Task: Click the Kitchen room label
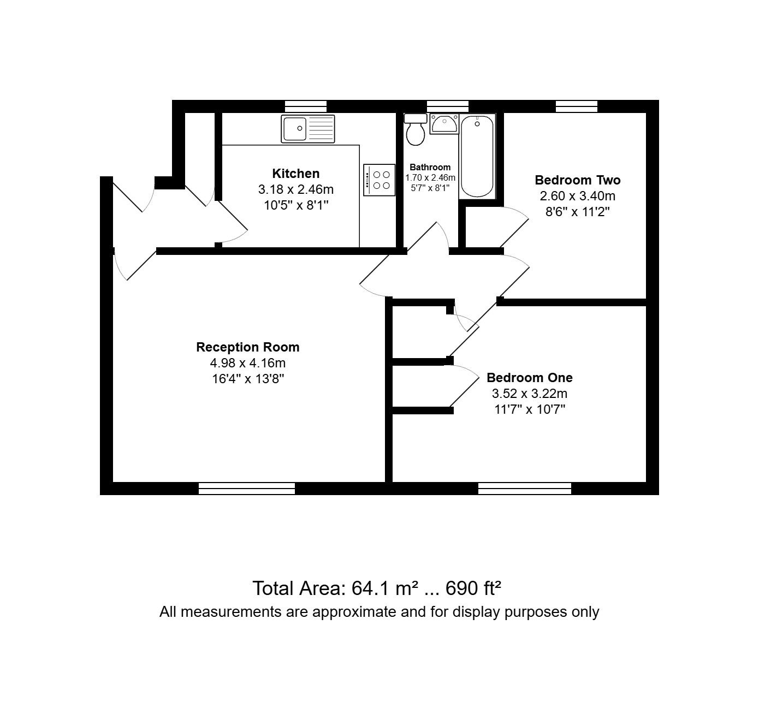pos(295,174)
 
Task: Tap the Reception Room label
pos(248,347)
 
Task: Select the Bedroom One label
pos(529,377)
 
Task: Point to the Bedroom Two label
pos(577,180)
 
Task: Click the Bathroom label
pos(430,167)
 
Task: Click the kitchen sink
pos(308,128)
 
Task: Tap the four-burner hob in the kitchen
pos(379,180)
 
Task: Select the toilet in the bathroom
pos(416,129)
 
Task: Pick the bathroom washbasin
pos(444,123)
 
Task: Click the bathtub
pos(477,156)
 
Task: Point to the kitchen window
pos(305,106)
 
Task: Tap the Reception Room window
pos(246,488)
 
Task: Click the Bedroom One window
pos(525,488)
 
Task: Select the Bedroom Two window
pos(576,106)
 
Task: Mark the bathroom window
pos(447,106)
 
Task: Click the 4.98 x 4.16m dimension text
pos(248,363)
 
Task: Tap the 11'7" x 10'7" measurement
pos(530,409)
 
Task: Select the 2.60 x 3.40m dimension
pos(577,196)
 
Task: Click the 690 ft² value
pos(473,588)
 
